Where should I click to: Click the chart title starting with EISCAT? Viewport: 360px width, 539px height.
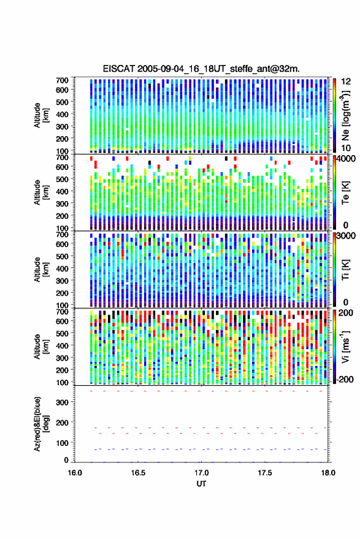coord(201,69)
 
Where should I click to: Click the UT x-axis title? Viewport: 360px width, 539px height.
coord(201,484)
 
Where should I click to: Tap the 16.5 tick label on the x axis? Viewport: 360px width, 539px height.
coord(138,473)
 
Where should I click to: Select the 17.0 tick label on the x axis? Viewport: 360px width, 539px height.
coord(201,473)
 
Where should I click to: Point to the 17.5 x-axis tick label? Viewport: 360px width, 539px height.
coord(264,473)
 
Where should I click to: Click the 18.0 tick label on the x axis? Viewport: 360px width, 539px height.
coord(327,473)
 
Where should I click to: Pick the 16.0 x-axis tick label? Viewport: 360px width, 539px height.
coord(75,473)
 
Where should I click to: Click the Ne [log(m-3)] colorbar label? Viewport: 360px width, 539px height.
coord(345,115)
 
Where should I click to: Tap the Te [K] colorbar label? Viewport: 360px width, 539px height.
coord(345,193)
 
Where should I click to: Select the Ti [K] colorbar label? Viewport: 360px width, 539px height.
coord(345,270)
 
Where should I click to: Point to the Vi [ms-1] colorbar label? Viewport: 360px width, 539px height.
coord(345,346)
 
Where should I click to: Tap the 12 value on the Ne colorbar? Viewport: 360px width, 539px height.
coord(346,82)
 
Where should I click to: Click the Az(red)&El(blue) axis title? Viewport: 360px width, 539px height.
coord(42,424)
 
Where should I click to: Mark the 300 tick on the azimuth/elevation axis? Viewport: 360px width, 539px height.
coord(62,402)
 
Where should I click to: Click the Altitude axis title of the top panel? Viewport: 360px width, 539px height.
coord(41,115)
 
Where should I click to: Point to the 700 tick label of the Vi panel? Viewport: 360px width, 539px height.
coord(62,312)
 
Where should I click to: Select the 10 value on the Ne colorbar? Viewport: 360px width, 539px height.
coord(346,148)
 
